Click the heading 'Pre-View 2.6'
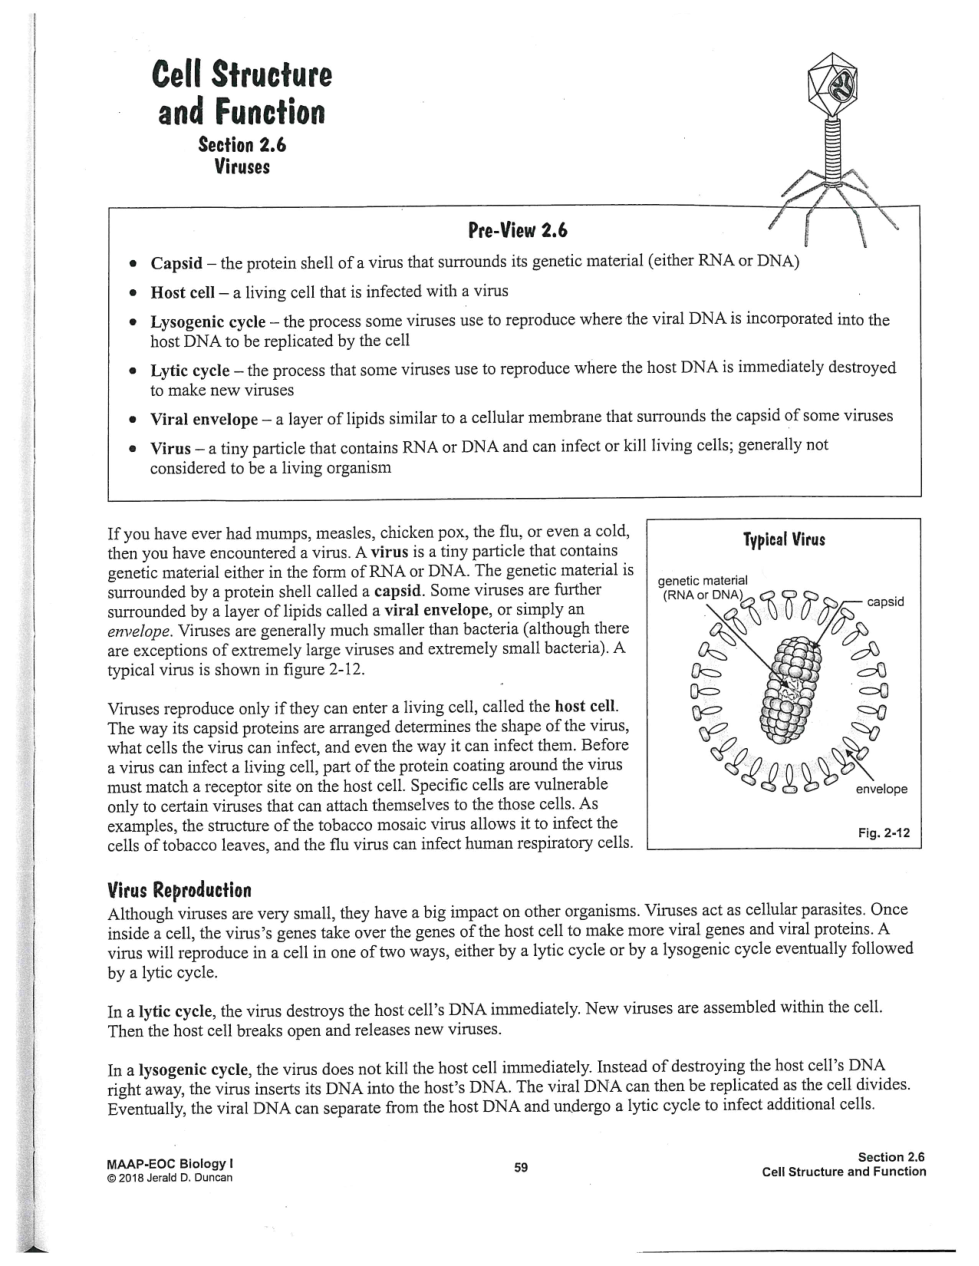coord(517,231)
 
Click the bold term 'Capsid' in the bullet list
coord(176,264)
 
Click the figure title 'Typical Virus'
coord(784,540)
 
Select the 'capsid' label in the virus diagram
coord(885,601)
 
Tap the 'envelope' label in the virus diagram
coord(881,789)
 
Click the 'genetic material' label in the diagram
coord(704,581)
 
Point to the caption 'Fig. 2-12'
coord(884,832)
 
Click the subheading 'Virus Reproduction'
coord(179,889)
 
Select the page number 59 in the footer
coord(521,1167)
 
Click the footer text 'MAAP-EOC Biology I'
coord(169,1164)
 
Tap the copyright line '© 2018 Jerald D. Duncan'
coord(169,1177)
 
